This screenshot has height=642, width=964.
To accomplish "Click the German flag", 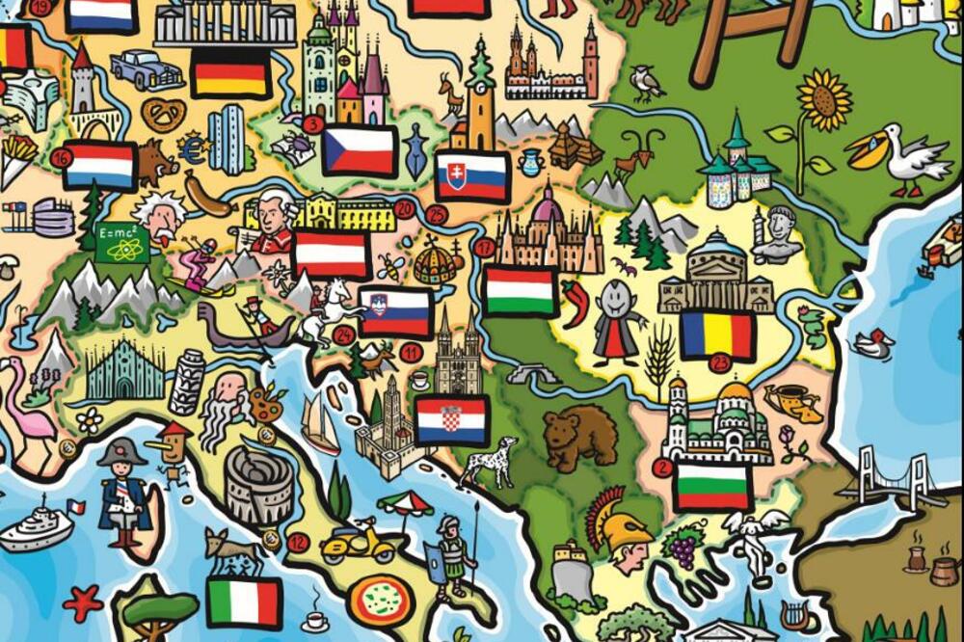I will [230, 72].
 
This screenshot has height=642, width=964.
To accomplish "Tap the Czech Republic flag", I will [359, 150].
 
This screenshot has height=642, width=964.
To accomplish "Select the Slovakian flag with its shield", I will [471, 175].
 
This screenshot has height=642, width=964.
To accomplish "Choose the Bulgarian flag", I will [712, 487].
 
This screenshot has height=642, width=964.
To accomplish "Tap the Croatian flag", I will [452, 420].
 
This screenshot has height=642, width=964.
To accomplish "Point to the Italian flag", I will [244, 602].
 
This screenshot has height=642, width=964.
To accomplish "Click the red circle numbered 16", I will [63, 157].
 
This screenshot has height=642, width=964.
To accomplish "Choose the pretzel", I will [164, 115].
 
